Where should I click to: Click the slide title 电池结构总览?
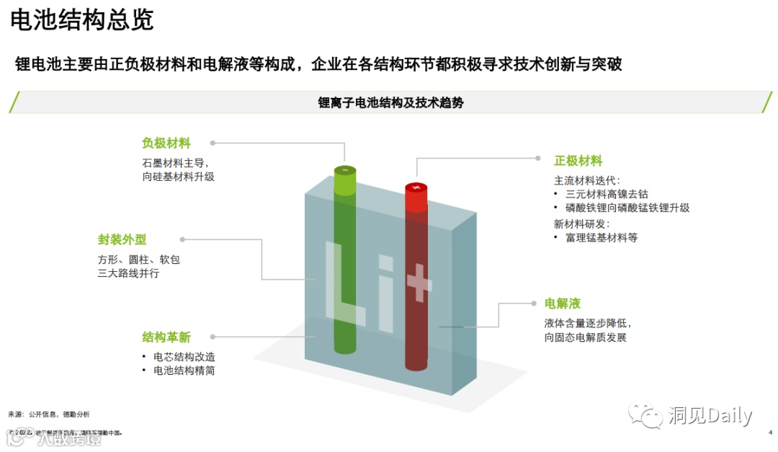coord(82,19)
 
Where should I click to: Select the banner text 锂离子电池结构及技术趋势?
coord(390,102)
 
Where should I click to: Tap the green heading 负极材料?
coord(166,143)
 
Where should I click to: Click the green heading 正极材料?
coord(578,161)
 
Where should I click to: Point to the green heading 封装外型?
coord(122,239)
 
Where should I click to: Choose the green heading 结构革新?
coord(166,337)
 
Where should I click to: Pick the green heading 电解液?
coord(562,303)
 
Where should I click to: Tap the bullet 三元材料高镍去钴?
coord(607,194)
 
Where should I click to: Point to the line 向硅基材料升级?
coord(178,176)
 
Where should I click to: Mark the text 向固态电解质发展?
coord(585,337)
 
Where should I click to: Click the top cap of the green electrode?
coord(345,169)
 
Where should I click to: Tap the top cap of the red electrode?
coord(416,187)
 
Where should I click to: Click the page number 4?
coord(770,433)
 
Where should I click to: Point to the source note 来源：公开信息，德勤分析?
coord(49,415)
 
